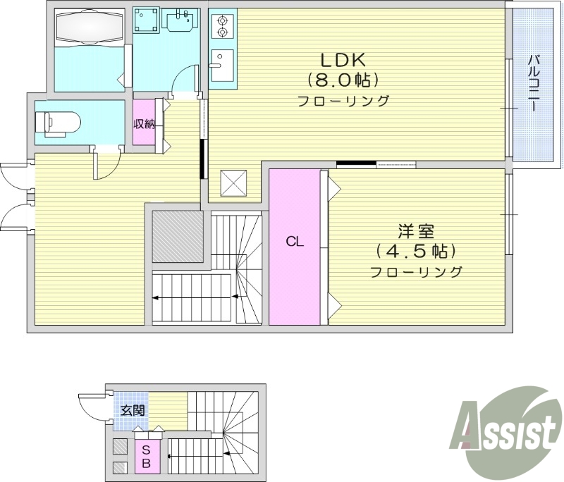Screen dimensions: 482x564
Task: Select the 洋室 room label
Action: point(415,231)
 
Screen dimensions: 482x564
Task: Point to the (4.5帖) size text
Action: point(415,251)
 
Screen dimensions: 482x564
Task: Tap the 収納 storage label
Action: point(145,124)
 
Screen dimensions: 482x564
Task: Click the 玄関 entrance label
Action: point(131,410)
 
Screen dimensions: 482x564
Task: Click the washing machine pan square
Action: point(147,21)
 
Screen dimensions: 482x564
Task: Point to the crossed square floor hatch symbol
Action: point(233,183)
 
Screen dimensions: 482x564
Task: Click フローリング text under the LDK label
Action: point(343,101)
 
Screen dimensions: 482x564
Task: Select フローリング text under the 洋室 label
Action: point(415,272)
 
